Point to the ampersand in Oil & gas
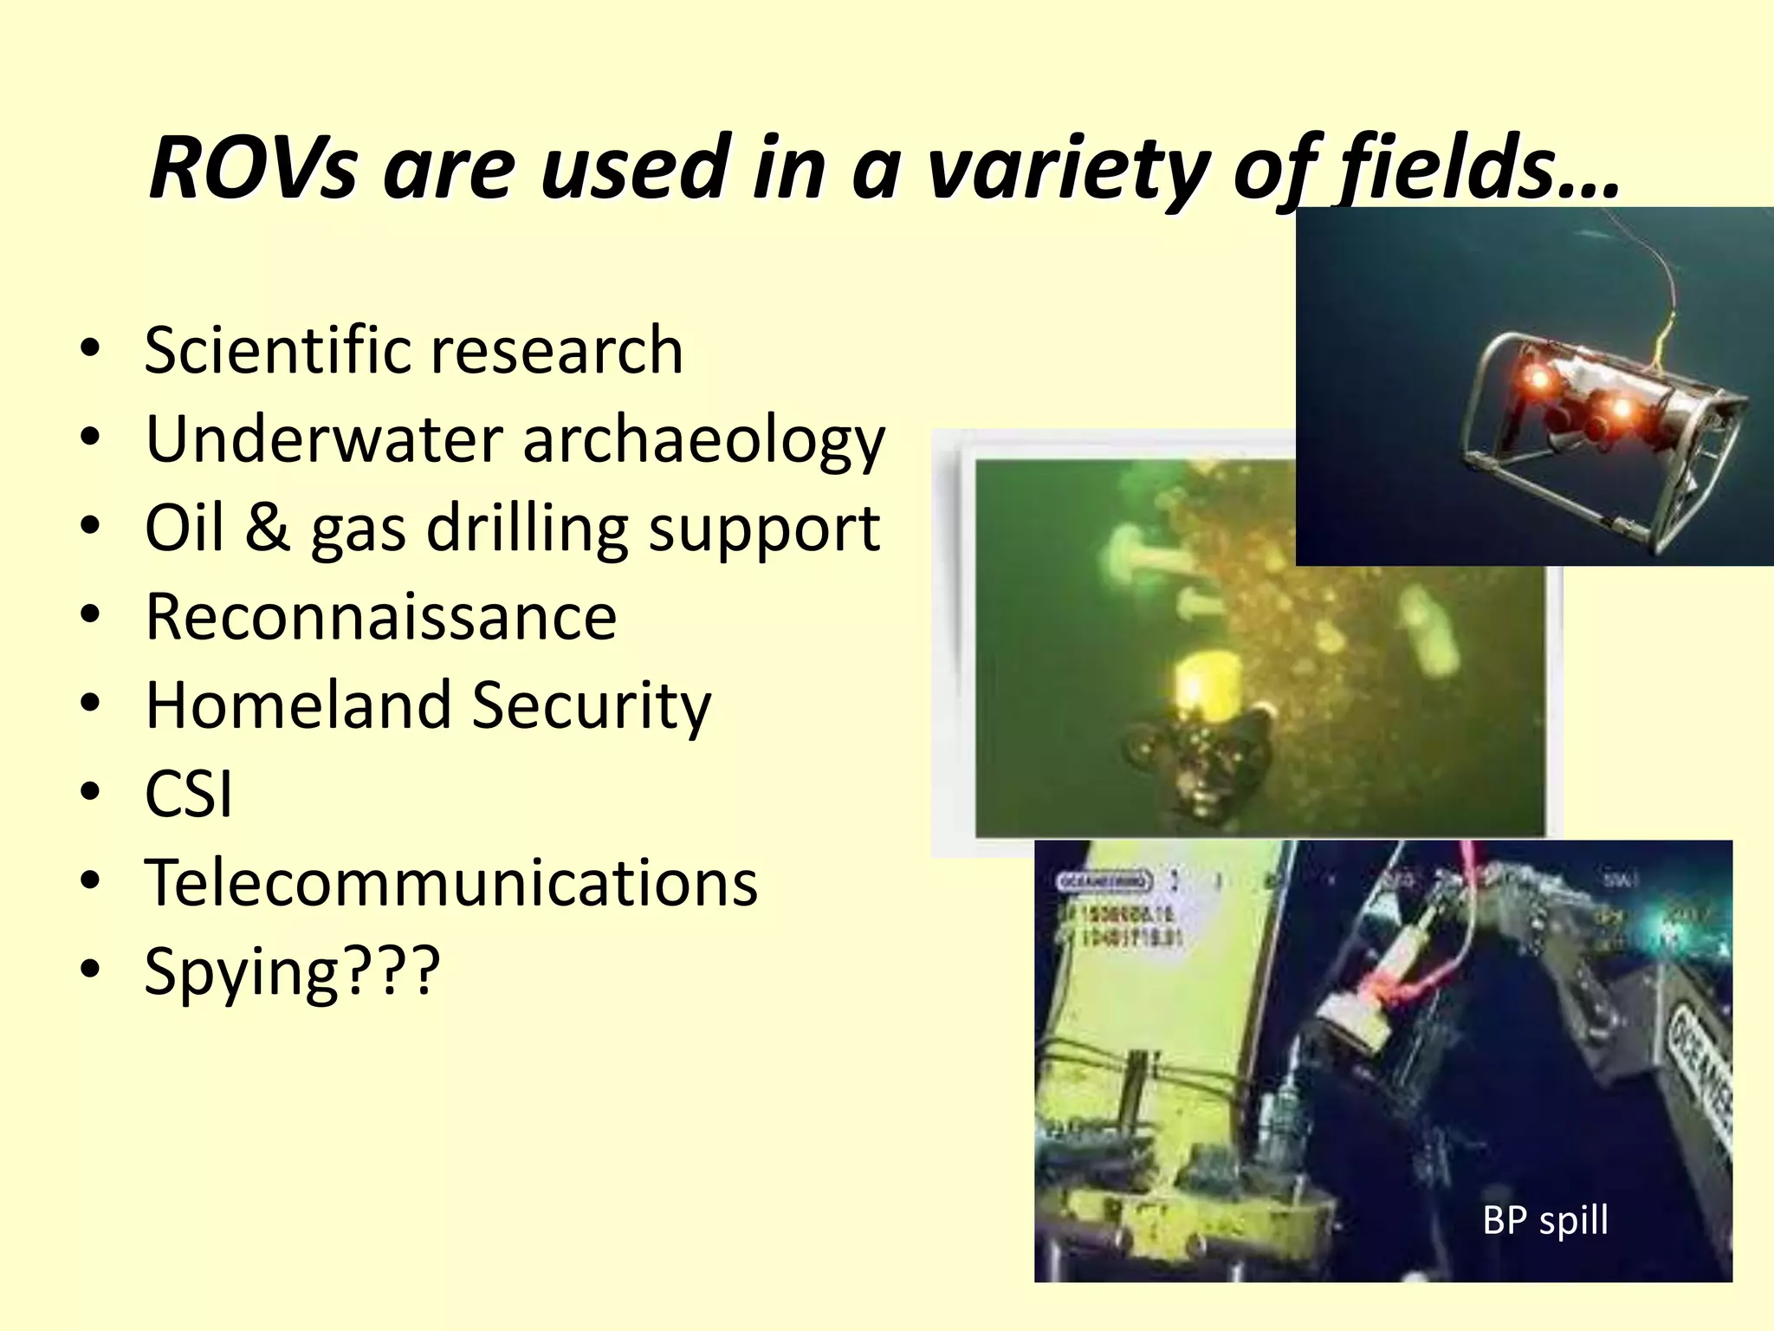266,528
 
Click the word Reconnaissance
381,617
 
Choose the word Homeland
298,705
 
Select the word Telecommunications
450,883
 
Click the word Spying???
292,972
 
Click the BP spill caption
1545,1220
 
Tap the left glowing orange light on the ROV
1538,378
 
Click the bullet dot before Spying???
90,970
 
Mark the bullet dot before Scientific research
90,349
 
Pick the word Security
591,705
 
